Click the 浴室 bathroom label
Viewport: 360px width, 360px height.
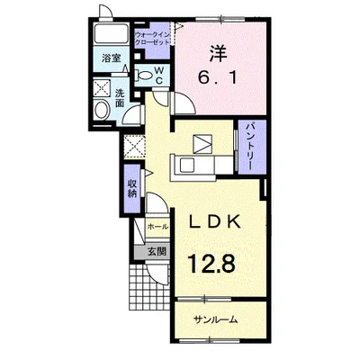(111, 58)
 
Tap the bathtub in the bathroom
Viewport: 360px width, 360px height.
(112, 34)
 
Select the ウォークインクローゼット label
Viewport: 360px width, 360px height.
(152, 38)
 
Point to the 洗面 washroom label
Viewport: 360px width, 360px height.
(120, 98)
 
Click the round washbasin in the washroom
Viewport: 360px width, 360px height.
(101, 110)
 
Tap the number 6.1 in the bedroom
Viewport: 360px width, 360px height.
(218, 77)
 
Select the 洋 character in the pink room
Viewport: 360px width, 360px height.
(218, 53)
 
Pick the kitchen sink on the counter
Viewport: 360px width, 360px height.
(187, 165)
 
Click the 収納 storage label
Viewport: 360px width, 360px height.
(132, 188)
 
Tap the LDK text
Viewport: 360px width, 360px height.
(214, 221)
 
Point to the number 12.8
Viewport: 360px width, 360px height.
(211, 263)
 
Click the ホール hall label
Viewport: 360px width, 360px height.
(157, 227)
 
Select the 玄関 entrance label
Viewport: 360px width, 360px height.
(157, 251)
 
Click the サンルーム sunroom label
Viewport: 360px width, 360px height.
(215, 319)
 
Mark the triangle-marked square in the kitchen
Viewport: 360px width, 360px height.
(202, 144)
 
